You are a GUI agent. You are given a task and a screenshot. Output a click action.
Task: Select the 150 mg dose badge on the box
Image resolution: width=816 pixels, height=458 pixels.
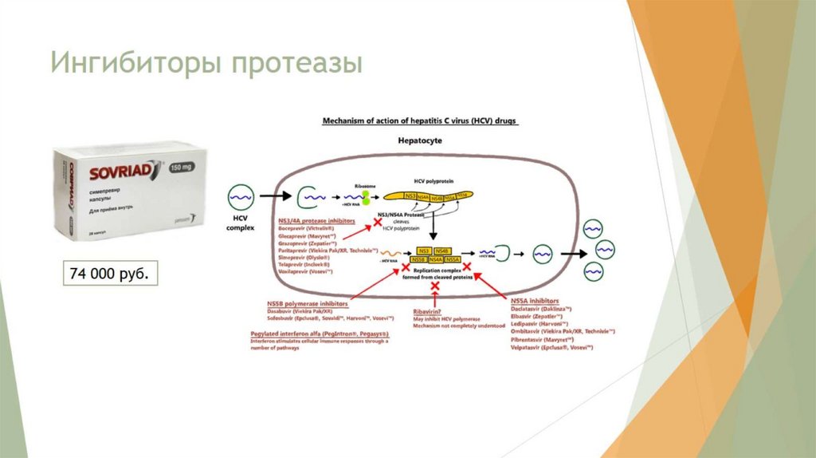pyautogui.click(x=184, y=165)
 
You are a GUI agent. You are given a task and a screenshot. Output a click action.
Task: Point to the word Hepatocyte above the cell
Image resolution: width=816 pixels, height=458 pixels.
pyautogui.click(x=419, y=140)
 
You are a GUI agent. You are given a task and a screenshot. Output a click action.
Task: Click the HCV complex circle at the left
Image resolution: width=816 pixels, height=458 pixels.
pyautogui.click(x=241, y=195)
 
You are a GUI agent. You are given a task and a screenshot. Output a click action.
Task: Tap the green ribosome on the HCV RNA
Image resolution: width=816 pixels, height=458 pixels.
pyautogui.click(x=366, y=195)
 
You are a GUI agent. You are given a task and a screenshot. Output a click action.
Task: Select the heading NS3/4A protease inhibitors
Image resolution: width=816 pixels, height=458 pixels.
pyautogui.click(x=316, y=220)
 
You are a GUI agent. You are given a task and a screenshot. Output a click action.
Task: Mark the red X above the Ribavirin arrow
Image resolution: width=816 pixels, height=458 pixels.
pyautogui.click(x=435, y=285)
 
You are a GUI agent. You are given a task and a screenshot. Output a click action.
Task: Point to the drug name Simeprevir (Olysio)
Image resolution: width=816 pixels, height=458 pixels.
pyautogui.click(x=304, y=257)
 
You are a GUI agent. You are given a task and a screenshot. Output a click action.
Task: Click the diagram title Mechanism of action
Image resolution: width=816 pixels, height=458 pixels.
pyautogui.click(x=419, y=121)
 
